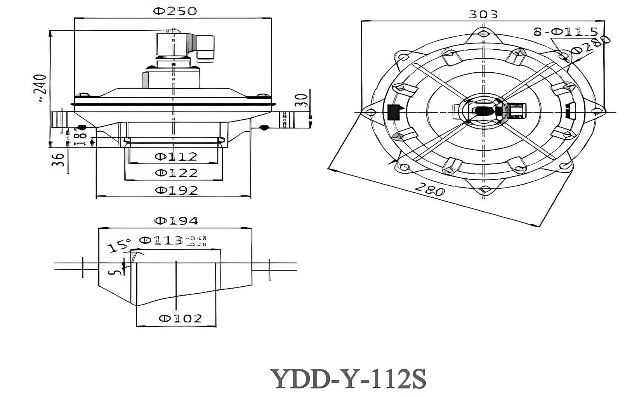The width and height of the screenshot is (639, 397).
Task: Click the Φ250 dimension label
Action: [175, 11]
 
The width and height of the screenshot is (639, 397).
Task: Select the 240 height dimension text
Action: [40, 85]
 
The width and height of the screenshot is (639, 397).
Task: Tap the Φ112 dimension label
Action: [176, 157]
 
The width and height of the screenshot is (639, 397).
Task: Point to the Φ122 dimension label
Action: [176, 172]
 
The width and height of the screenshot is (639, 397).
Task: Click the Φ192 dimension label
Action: [176, 190]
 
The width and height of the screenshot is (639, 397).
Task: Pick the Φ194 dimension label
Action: [176, 221]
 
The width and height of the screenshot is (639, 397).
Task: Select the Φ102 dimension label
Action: [181, 319]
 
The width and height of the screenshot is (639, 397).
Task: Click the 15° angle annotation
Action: [119, 246]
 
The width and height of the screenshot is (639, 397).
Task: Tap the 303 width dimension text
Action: [483, 14]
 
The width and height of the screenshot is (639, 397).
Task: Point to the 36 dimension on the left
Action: [58, 160]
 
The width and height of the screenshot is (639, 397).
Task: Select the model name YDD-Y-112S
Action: [348, 379]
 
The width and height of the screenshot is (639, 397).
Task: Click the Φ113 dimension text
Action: [160, 240]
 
